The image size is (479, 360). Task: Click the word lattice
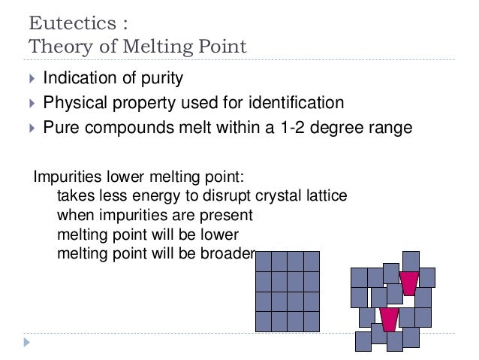(324, 197)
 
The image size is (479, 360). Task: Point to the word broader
(229, 252)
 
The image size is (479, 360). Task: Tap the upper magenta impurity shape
(408, 283)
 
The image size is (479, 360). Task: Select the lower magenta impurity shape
(388, 319)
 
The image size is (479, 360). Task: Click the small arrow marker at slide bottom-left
(27, 342)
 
